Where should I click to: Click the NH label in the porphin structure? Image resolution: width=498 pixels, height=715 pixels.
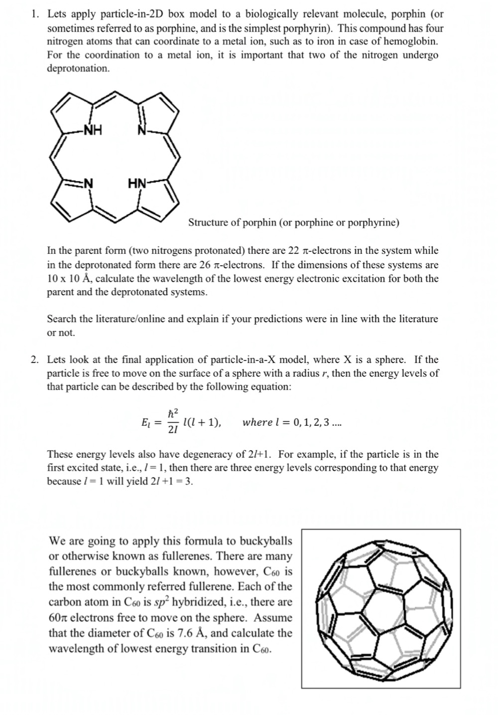93,131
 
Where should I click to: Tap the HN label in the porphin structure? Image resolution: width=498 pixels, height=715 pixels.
137,184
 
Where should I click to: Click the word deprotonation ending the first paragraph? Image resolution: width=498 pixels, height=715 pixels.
78,68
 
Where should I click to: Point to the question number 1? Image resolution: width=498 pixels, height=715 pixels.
34,14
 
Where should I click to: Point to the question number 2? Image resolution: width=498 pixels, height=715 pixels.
34,359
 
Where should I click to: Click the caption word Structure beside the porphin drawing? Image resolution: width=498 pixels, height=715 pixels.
208,222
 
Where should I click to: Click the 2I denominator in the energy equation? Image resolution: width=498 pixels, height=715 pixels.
173,430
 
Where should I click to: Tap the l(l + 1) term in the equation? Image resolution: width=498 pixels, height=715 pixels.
202,423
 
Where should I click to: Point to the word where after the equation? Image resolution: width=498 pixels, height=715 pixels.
257,423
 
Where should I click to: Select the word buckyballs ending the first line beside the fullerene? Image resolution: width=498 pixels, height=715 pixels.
266,541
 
